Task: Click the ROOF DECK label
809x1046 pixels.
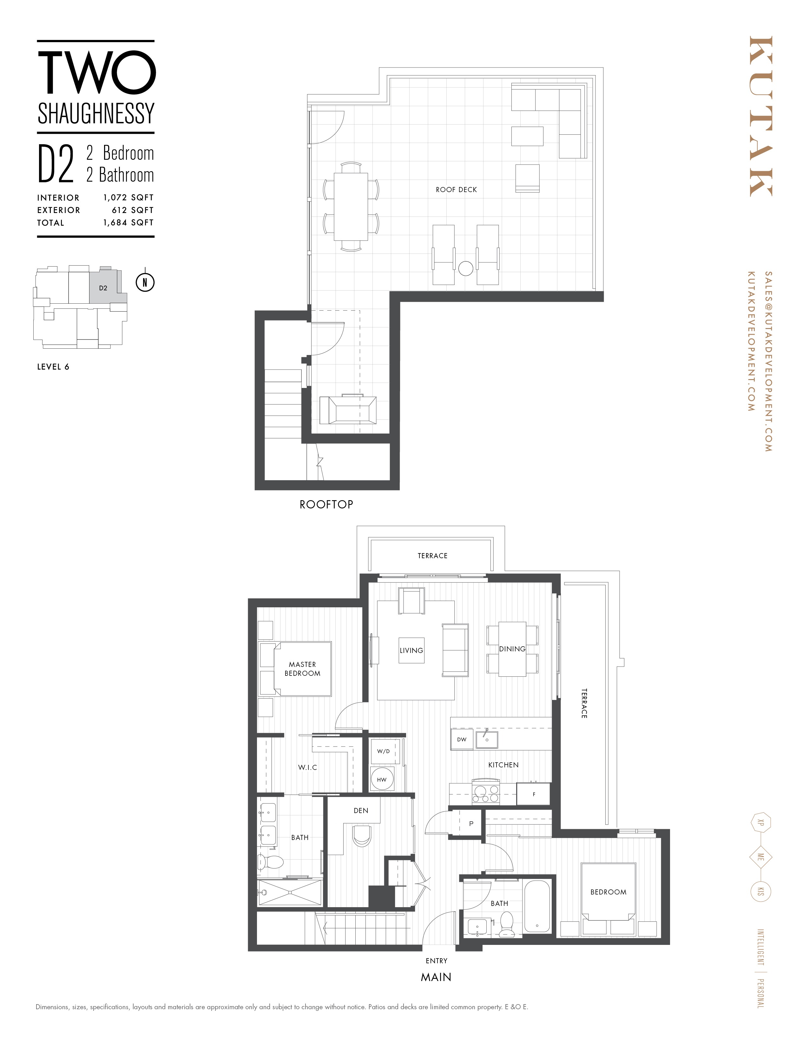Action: point(456,190)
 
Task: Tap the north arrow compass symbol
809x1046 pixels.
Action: point(145,282)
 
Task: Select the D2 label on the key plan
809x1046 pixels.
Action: point(103,288)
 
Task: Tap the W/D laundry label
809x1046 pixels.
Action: point(384,751)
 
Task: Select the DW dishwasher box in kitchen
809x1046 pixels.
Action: point(462,739)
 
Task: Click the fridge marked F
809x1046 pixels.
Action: point(533,794)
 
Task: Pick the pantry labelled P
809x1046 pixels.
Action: point(470,824)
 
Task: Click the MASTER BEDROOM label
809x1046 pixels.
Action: point(302,668)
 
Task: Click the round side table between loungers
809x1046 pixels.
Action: point(465,268)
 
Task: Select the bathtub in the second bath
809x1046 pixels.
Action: point(537,907)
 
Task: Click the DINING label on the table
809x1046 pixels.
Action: point(512,649)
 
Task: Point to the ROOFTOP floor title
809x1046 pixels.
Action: point(326,504)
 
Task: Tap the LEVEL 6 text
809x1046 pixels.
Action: point(53,367)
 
